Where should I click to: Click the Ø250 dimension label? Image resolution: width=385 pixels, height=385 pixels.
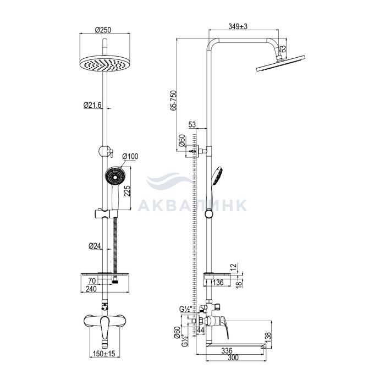(x=103, y=30)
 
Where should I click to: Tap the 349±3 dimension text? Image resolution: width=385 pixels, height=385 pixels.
(x=238, y=26)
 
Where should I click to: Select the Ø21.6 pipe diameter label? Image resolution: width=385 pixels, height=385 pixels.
(x=92, y=105)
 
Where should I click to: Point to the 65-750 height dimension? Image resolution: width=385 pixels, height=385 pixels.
(x=174, y=101)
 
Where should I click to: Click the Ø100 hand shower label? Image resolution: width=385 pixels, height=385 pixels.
(x=130, y=156)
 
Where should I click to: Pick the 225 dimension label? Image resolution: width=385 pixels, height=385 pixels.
(x=127, y=191)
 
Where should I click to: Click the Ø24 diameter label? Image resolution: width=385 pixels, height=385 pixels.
(x=95, y=246)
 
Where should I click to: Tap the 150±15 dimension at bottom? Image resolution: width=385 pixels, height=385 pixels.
(x=104, y=354)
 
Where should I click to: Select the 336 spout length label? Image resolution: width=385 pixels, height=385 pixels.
(x=227, y=351)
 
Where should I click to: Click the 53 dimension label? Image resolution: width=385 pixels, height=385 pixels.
(x=192, y=125)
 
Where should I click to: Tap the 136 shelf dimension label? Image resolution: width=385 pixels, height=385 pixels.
(x=218, y=282)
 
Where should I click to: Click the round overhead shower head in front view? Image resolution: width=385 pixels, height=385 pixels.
(x=105, y=63)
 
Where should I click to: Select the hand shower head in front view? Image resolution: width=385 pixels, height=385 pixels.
(x=115, y=176)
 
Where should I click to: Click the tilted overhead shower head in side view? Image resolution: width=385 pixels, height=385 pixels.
(x=280, y=63)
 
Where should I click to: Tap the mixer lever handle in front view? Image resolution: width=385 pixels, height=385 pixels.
(x=105, y=328)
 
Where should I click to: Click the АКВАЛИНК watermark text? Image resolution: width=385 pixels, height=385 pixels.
(x=193, y=205)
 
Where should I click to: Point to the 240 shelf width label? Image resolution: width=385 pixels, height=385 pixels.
(x=91, y=289)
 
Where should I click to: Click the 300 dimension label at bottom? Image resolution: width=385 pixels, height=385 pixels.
(x=233, y=358)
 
